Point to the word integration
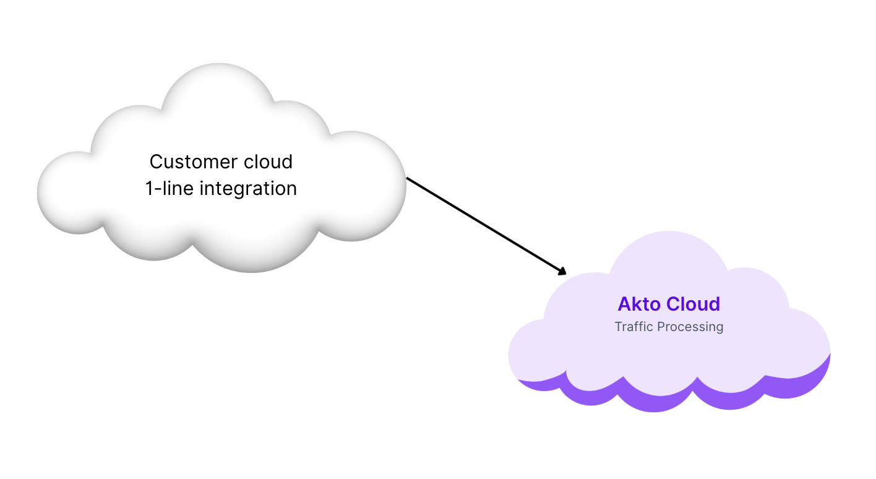point(248,189)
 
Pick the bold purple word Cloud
point(695,304)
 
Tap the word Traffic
point(633,327)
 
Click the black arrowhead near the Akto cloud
point(562,271)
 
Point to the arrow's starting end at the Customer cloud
point(408,179)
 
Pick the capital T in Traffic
point(619,327)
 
